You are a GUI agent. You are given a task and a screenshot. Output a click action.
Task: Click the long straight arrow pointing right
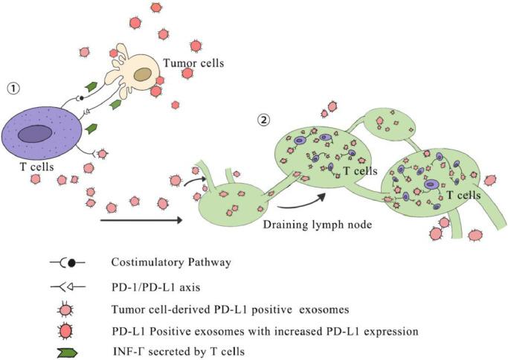click(141, 220)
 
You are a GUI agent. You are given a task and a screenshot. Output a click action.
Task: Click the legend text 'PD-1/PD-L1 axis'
click(147, 284)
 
